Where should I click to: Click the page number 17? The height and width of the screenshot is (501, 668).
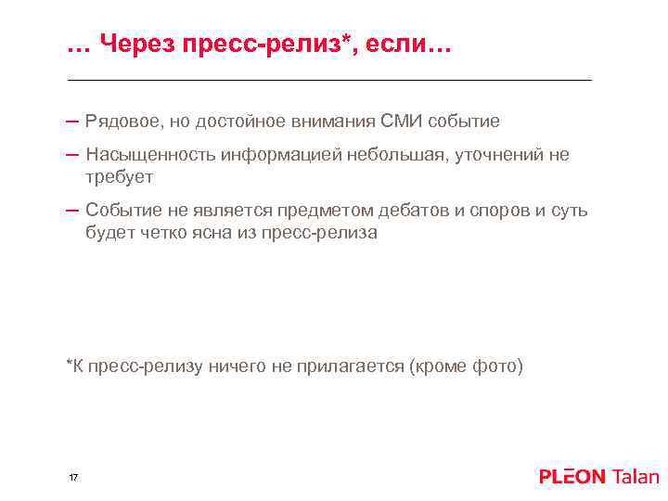(x=73, y=477)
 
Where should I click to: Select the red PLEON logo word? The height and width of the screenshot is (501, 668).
(x=572, y=477)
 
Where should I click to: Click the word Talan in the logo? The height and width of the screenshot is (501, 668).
(x=636, y=477)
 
